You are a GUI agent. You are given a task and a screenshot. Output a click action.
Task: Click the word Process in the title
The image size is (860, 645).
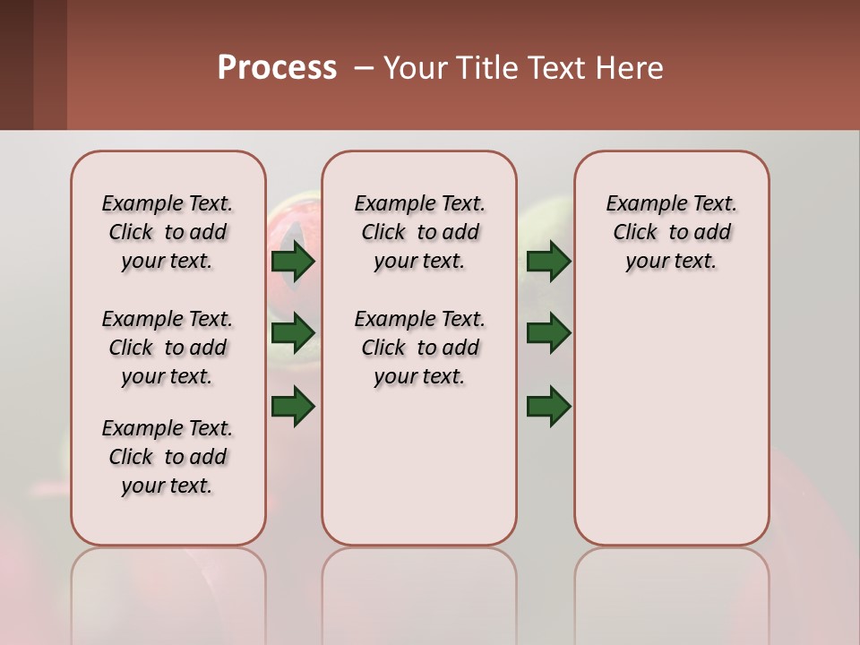coord(277,68)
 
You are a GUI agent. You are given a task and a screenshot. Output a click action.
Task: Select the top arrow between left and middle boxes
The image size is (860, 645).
coord(293,261)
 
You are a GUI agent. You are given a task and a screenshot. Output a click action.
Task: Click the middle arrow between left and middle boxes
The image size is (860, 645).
coord(293,333)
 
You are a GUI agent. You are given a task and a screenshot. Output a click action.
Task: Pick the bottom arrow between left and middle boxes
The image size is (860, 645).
coord(293,407)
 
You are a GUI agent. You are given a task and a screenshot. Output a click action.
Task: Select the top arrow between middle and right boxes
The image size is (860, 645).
coord(548,261)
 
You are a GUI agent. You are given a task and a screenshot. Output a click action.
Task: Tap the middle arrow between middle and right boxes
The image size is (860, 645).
coord(548,333)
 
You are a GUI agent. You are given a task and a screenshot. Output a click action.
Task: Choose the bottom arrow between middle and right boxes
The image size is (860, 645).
coord(548,407)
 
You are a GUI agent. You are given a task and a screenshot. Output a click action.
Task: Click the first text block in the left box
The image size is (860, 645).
coord(168,232)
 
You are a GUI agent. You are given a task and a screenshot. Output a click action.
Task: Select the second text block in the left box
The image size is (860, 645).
coord(168,348)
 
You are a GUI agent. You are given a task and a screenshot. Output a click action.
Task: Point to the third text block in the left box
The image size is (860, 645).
coord(168,457)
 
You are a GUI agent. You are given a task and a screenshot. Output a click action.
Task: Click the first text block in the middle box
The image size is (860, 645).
coord(419,232)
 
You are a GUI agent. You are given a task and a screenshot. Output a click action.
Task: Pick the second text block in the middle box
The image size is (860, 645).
coord(419,348)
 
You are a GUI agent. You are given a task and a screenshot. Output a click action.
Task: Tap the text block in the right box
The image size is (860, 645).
coord(671,232)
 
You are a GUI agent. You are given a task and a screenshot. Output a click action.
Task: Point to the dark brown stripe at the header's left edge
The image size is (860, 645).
coord(16,64)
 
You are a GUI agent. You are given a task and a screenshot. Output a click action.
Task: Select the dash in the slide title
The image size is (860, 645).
coord(364,68)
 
